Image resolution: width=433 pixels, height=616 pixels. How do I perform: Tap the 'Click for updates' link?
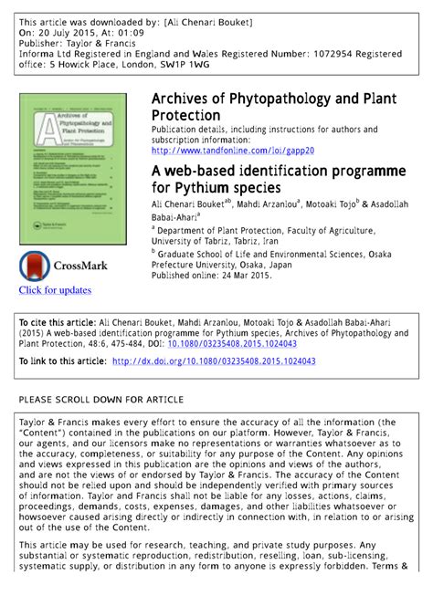[x=56, y=290]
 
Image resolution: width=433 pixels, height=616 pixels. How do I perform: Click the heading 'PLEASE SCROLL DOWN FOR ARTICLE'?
[x=101, y=400]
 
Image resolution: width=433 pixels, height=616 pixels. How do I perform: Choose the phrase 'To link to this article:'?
[x=63, y=361]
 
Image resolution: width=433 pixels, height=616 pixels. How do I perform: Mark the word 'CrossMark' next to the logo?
[x=81, y=266]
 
